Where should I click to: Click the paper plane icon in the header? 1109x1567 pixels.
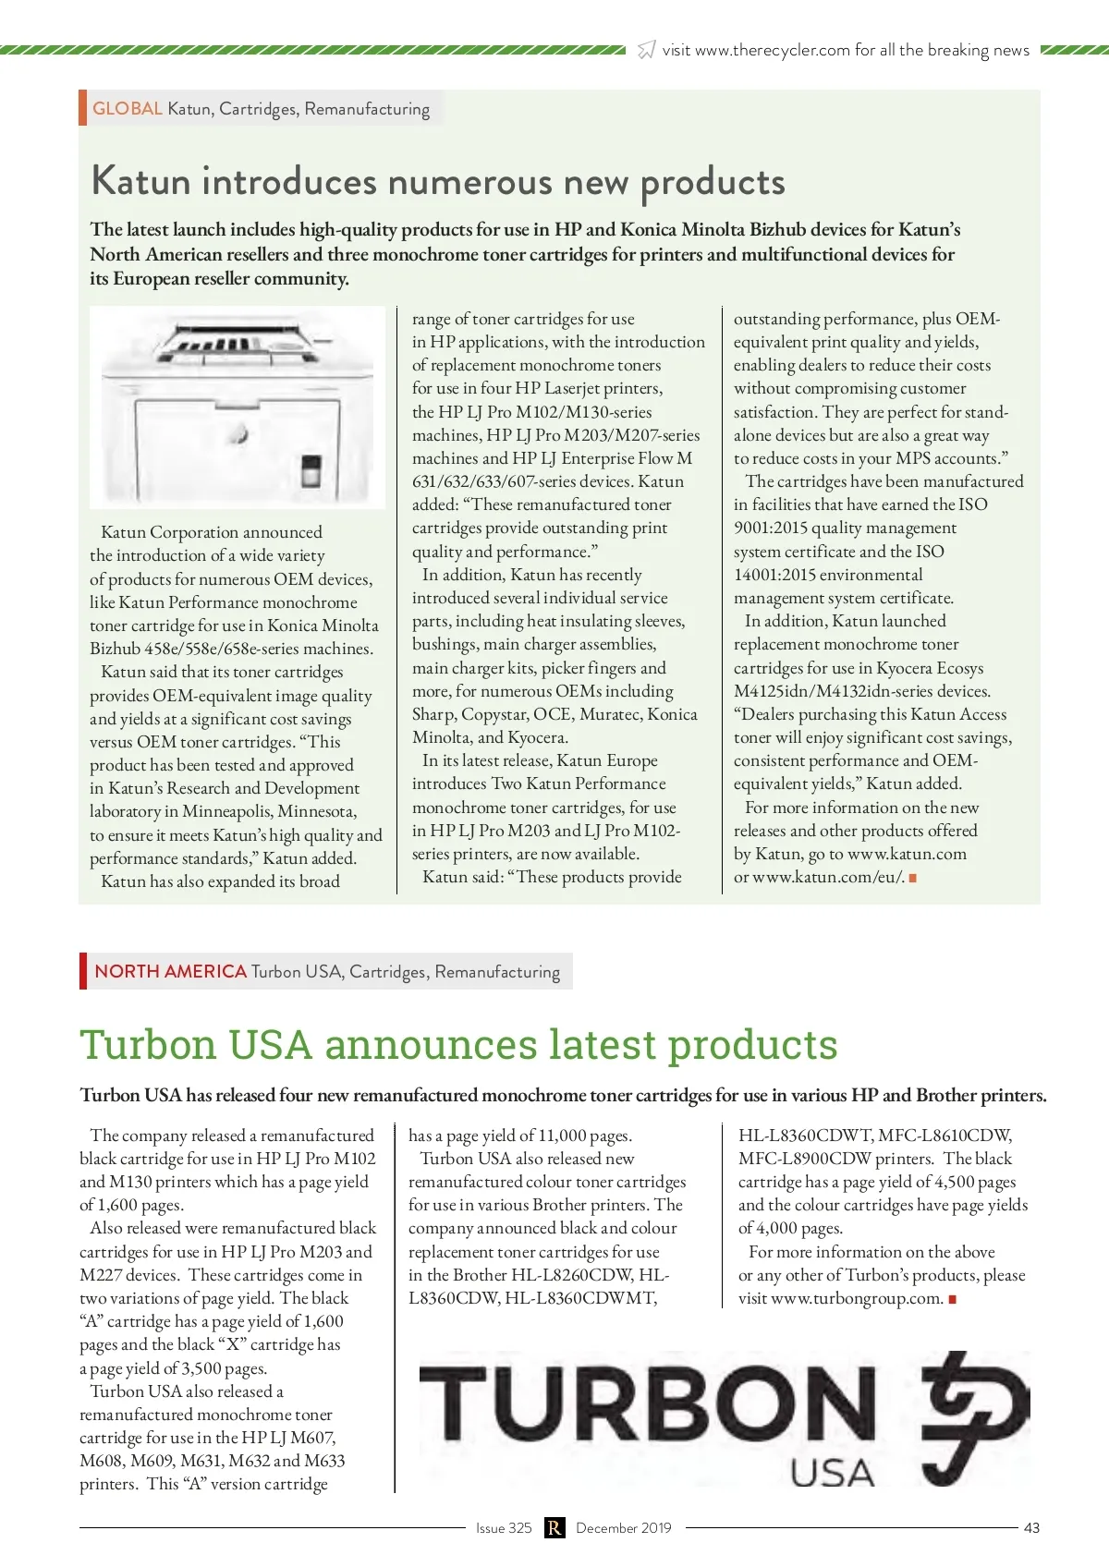[647, 50]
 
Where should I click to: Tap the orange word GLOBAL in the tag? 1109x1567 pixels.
[128, 108]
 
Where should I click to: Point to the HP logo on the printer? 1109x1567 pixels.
[240, 433]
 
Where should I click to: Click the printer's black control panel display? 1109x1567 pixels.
[311, 468]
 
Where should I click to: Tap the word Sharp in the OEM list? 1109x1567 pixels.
[433, 714]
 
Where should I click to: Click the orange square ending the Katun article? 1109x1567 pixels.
[913, 878]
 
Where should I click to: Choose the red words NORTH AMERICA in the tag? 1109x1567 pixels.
[170, 971]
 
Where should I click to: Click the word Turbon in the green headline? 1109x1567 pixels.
[148, 1045]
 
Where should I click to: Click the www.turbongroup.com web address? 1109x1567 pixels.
[857, 1298]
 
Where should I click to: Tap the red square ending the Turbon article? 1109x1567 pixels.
[952, 1299]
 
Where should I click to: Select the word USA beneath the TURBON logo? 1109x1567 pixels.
[832, 1473]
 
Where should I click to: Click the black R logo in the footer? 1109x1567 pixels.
[554, 1527]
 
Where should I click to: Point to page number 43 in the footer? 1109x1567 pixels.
[1031, 1527]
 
